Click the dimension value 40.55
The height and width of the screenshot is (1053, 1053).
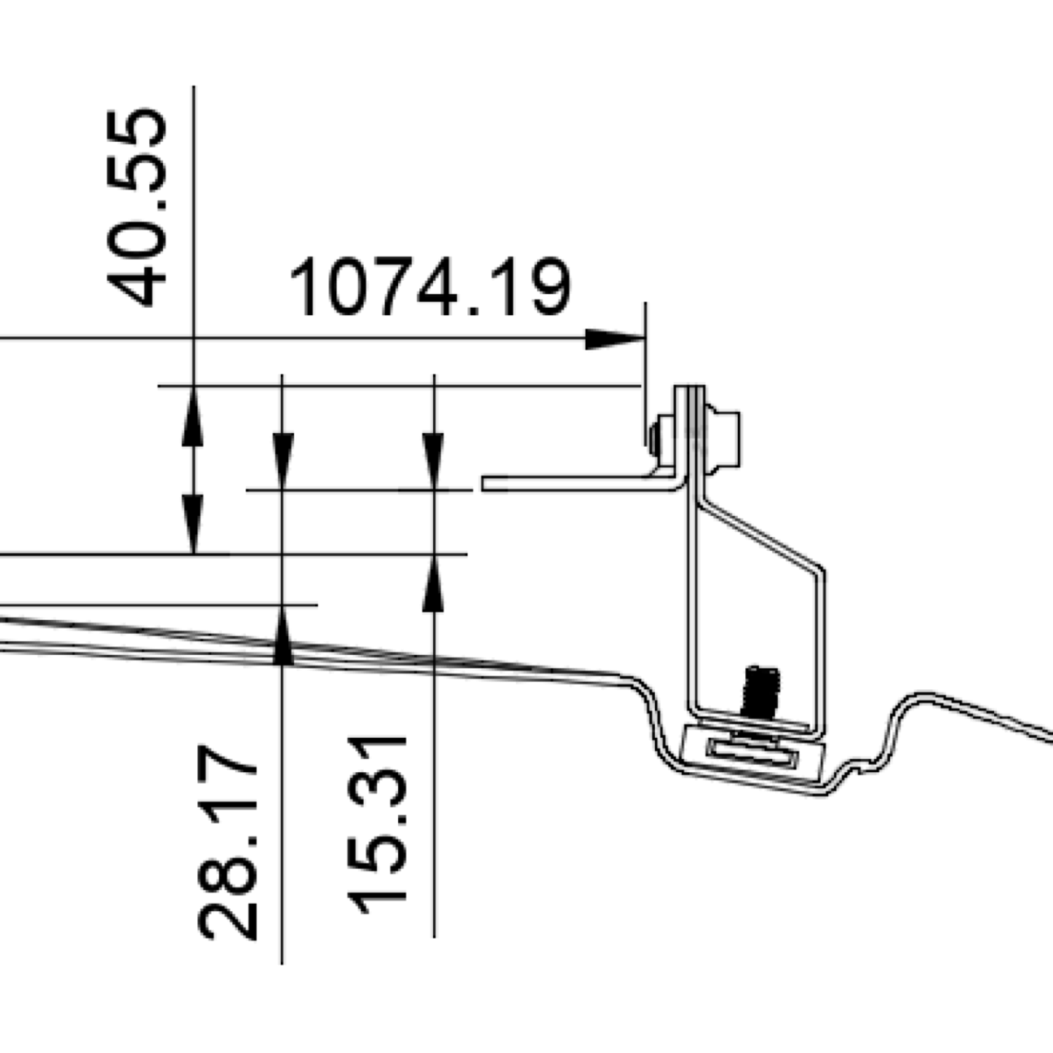138,208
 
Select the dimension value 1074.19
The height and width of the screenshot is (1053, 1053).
430,288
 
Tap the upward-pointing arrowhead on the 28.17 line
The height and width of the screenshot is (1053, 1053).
282,635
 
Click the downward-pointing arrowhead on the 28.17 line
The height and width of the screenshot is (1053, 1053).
282,461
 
